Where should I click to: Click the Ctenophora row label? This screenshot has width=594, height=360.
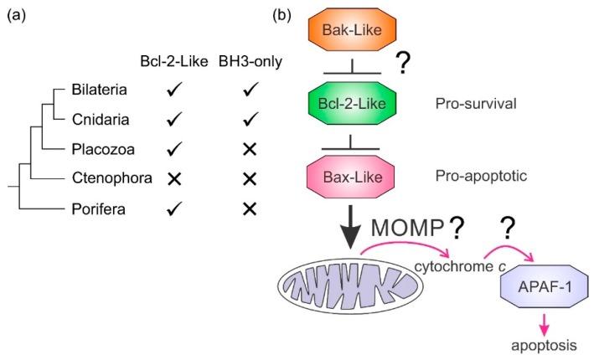point(106,178)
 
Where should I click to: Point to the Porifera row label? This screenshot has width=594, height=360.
point(99,208)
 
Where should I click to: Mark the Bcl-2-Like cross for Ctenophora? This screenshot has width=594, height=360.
point(173,178)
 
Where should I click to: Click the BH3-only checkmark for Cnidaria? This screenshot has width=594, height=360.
point(248,120)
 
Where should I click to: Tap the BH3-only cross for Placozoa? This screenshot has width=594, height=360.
point(248,149)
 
